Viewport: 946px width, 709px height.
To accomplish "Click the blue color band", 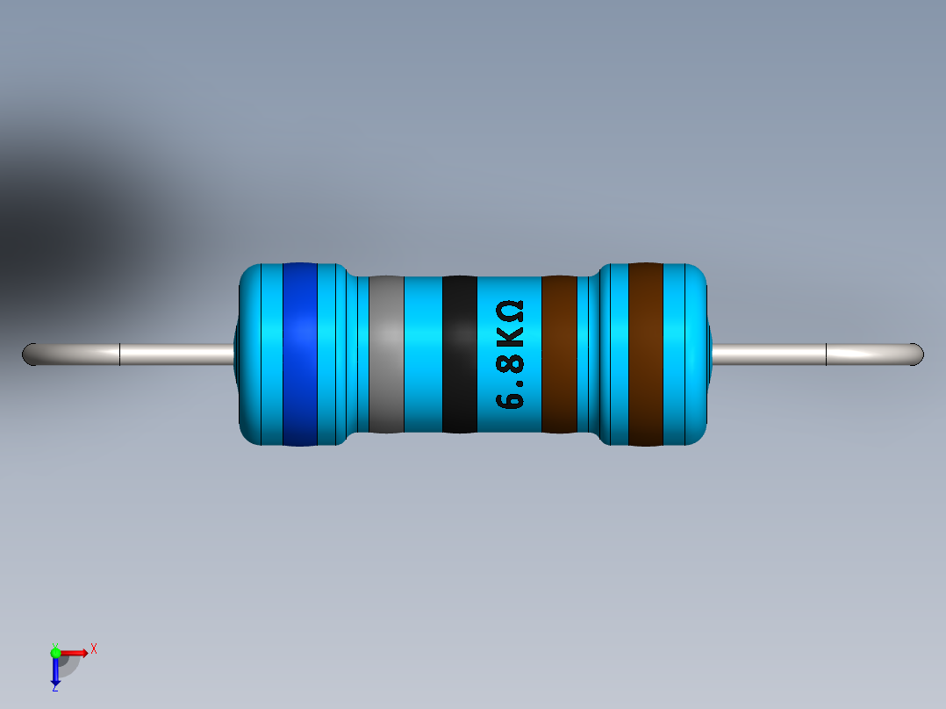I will (x=299, y=354).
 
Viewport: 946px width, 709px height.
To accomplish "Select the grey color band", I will (x=386, y=354).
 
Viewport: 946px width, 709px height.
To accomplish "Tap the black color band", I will (x=459, y=354).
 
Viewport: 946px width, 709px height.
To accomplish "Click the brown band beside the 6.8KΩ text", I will (x=558, y=354).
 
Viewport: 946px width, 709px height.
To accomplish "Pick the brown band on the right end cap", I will (x=645, y=354).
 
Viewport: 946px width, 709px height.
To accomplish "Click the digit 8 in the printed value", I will (x=510, y=362).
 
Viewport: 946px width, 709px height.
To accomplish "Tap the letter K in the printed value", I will (x=510, y=337).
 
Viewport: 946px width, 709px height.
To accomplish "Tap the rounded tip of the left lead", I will (x=28, y=354).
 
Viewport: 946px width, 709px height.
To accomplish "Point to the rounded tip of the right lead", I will (x=918, y=354).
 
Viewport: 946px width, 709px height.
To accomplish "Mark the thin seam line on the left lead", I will (x=119, y=354).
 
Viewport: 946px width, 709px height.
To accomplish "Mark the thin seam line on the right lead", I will (x=827, y=354).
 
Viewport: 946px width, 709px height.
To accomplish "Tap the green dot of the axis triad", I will (x=55, y=652).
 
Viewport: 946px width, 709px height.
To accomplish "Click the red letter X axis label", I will (x=94, y=648).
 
